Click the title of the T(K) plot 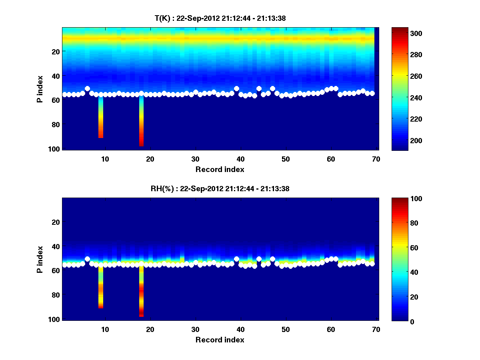click(220, 18)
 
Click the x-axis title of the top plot click(220, 169)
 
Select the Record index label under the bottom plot click(220, 340)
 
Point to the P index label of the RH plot click(40, 259)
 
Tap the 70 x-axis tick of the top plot click(376, 159)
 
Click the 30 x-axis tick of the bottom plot click(195, 329)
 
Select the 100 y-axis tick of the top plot click(55, 149)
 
